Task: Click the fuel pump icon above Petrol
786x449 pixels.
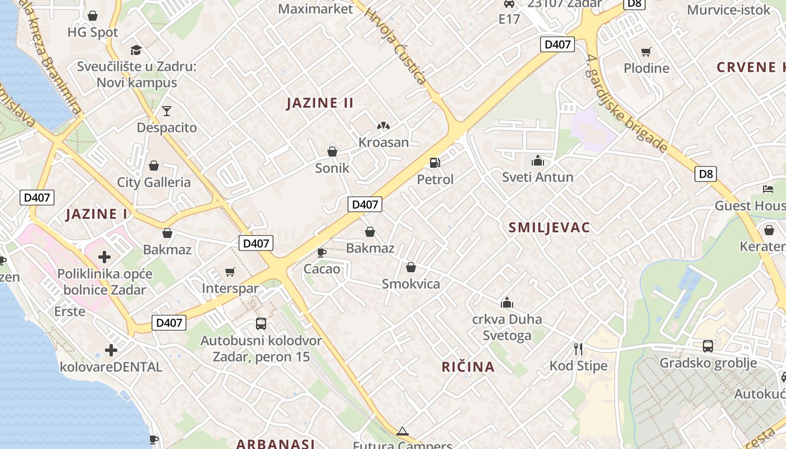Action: tap(435, 163)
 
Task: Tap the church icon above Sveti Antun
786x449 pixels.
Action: tap(538, 161)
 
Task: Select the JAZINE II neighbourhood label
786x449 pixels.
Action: tap(320, 103)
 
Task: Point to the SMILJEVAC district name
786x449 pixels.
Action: tap(549, 227)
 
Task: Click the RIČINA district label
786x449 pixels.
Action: tap(468, 367)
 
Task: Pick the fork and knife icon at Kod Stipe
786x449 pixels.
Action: tap(578, 349)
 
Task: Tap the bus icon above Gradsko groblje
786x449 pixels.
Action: tap(708, 346)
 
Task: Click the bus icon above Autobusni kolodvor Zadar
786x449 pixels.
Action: tap(261, 323)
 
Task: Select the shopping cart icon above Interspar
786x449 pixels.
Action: tap(230, 272)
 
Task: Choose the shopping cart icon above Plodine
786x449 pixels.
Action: tap(646, 52)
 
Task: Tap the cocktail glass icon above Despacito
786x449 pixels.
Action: tap(167, 111)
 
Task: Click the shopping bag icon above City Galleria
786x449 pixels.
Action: tap(153, 166)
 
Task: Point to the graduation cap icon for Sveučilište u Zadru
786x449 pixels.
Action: tap(136, 50)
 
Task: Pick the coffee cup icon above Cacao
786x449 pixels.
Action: tap(322, 253)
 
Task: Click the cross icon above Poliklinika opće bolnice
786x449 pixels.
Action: tap(104, 257)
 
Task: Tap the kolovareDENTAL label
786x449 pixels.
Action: tap(111, 367)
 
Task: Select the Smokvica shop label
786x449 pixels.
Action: tap(411, 284)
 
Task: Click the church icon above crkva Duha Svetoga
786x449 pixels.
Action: tap(507, 303)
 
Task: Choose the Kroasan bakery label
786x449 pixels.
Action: tap(383, 142)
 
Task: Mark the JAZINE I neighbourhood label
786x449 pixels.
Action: tap(97, 214)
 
